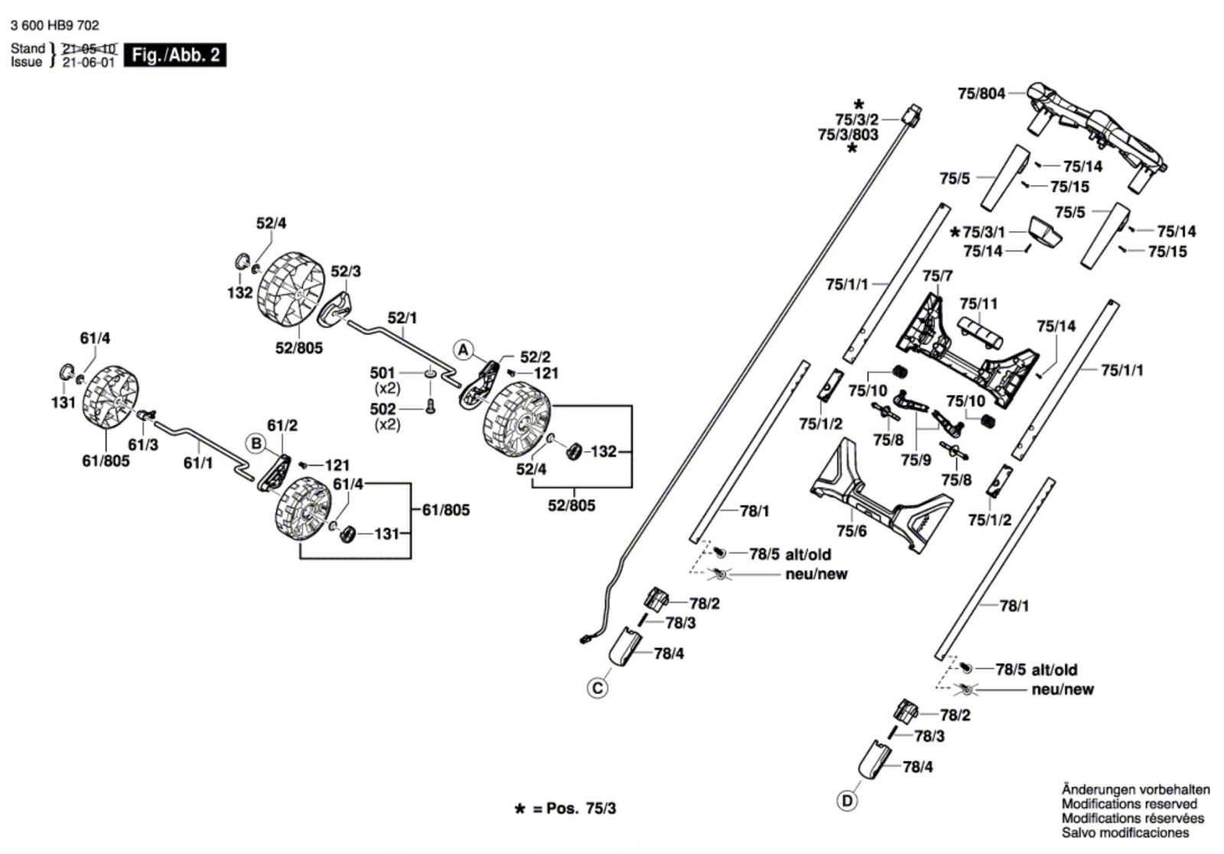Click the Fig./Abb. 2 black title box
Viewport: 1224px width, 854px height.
175,55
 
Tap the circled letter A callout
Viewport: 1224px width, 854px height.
463,350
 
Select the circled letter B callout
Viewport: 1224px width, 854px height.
256,443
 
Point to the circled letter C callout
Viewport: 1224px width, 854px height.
597,688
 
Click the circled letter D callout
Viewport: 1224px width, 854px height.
847,801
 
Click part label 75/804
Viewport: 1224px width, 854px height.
981,94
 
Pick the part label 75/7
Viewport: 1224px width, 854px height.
937,275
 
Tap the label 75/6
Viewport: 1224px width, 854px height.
851,531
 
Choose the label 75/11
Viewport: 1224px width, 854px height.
978,304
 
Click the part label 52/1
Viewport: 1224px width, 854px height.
402,318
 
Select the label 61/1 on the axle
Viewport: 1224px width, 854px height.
198,463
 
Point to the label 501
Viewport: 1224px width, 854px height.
382,373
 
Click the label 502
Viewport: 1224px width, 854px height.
382,409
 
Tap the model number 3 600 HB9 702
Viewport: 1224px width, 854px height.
55,25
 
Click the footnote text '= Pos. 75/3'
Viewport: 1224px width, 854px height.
574,809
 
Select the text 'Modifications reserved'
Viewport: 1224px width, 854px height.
1129,803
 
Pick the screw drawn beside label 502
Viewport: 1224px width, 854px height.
430,408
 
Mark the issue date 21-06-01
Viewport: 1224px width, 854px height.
88,63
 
